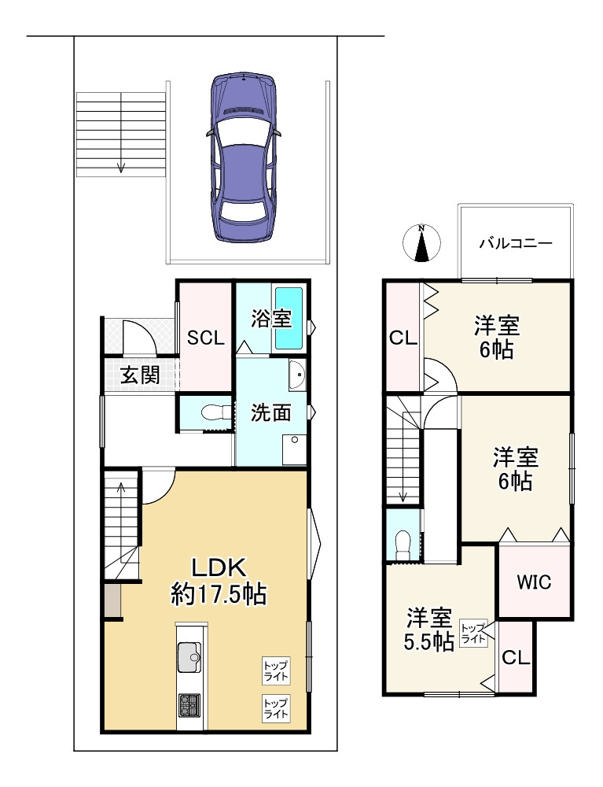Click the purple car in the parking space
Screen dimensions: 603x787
pos(243,157)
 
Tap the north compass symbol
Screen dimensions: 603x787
pos(422,243)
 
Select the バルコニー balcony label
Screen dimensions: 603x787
pos(516,244)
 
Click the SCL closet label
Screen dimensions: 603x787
pos(205,338)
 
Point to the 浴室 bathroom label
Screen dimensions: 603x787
pos(271,318)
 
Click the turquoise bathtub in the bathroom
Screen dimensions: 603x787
pos(289,318)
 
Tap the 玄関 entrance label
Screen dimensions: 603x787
pos(141,375)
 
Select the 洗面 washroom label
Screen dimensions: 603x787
pos(270,412)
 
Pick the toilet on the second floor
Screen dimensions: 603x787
pos(403,545)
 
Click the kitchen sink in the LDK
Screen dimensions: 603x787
pos(189,656)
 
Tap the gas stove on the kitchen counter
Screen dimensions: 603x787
pos(189,705)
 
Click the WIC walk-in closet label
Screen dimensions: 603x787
pos(534,582)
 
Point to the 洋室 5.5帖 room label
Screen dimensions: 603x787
pos(429,629)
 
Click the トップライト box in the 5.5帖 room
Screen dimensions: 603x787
pos(473,633)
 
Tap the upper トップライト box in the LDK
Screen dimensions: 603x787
pos(276,671)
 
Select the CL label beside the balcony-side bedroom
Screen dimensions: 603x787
pos(403,338)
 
